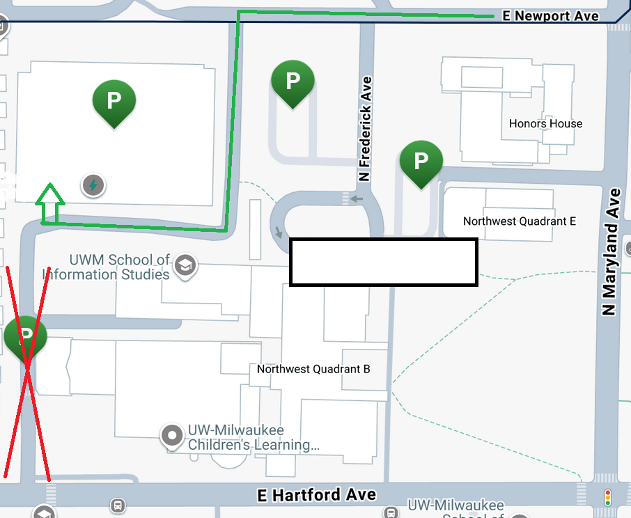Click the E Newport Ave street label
click(x=551, y=15)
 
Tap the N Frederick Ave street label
click(x=365, y=129)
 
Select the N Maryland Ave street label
click(x=611, y=251)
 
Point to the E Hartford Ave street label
click(x=317, y=495)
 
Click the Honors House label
click(x=545, y=123)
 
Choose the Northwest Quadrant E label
click(x=520, y=221)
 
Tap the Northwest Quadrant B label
click(x=313, y=369)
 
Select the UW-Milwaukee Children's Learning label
click(x=253, y=437)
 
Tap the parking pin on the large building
click(x=114, y=101)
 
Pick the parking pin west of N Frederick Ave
click(x=293, y=81)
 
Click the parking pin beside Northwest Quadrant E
click(x=421, y=162)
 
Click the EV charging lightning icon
click(x=93, y=185)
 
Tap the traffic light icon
click(x=608, y=497)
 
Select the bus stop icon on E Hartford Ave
click(x=118, y=505)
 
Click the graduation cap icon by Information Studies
click(x=185, y=265)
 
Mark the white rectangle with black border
click(x=383, y=262)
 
